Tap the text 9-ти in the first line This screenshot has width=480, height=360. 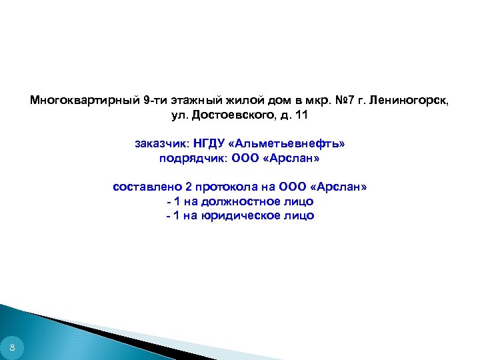155,101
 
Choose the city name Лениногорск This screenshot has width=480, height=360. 411,101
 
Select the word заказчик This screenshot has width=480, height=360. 162,144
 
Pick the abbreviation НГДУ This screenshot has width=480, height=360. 209,144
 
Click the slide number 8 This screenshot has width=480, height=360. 12,347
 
